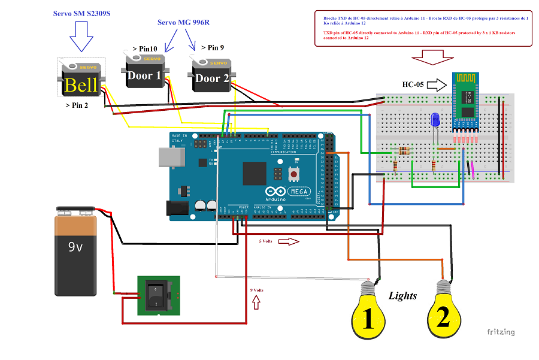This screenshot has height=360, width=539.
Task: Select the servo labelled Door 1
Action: click(x=144, y=73)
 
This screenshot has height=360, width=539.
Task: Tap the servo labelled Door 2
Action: click(x=212, y=75)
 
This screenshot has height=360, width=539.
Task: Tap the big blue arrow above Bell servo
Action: click(x=81, y=38)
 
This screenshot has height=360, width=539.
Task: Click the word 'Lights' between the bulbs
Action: click(x=402, y=295)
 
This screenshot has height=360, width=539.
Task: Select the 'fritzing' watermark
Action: click(x=500, y=332)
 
